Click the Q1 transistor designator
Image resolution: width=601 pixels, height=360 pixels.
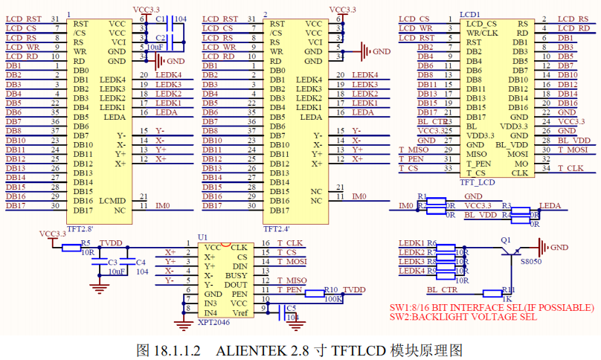[506, 240]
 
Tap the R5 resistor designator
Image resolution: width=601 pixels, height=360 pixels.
[86, 242]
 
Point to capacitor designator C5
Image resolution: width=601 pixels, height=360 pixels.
[290, 307]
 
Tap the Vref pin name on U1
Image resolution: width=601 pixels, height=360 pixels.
[240, 313]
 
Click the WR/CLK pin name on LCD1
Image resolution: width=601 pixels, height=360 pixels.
[482, 33]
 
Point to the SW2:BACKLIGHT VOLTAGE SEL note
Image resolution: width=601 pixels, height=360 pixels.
[463, 317]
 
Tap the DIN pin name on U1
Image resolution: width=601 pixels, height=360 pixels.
[240, 266]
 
